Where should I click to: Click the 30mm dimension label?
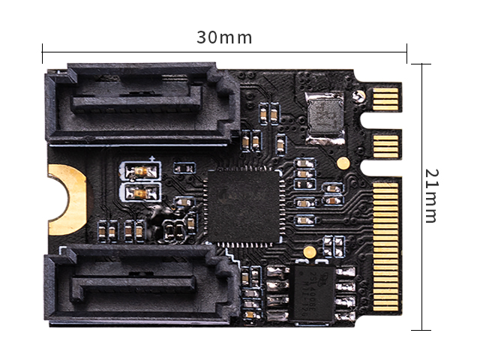pos(224,37)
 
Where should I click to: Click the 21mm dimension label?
pos(432,196)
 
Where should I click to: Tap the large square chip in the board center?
pos(244,206)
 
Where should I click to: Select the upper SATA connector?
pos(142,103)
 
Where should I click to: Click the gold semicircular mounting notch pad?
pos(67,199)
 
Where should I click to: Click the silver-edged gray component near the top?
pos(325,117)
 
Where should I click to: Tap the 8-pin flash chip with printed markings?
pos(313,294)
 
